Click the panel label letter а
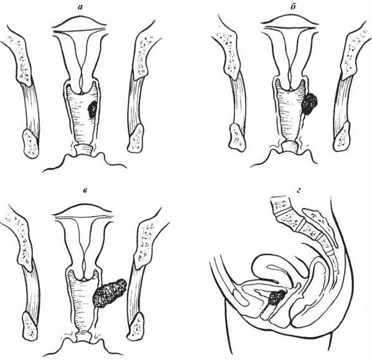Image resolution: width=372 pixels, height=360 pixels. coord(80,7)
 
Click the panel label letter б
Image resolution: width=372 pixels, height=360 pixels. coord(293,7)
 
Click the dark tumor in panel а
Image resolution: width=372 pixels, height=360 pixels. coord(92,109)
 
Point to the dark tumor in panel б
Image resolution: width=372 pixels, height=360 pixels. coord(310,104)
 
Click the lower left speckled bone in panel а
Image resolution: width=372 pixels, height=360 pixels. coord(31,144)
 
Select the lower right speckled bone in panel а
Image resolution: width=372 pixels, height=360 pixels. coord(135,139)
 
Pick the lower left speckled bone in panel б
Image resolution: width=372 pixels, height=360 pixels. coord(237,138)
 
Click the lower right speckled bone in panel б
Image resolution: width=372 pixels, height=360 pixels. coord(341,137)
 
